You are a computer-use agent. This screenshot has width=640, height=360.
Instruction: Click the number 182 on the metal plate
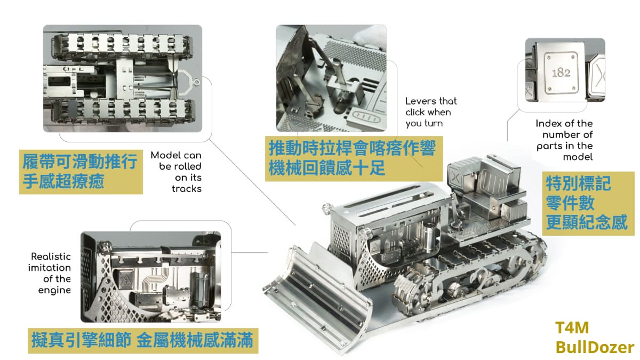pos(561,73)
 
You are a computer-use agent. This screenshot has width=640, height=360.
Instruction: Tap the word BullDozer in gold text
pos(595,347)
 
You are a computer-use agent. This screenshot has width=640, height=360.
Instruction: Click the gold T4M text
pos(572,327)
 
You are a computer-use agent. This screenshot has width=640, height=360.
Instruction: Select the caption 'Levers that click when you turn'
pos(431,112)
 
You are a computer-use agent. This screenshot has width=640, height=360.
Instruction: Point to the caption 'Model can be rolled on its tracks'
pos(177,172)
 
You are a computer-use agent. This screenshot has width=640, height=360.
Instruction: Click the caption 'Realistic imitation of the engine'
pos(50,273)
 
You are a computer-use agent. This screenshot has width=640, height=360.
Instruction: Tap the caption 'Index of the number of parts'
pos(564,140)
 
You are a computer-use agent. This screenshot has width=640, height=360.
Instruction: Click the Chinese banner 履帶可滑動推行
pos(81,172)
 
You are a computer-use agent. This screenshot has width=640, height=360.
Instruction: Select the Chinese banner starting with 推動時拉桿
pos(354,158)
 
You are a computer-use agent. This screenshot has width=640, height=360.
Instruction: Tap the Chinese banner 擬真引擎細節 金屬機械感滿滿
pos(143,341)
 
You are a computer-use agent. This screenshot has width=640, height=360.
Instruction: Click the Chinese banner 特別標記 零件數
pos(588,203)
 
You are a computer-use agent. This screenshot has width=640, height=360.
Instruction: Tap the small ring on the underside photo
pos(197,83)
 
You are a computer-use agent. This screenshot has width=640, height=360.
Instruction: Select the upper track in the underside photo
pos(122,44)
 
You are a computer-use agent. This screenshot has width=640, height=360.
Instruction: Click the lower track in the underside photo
pos(122,113)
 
